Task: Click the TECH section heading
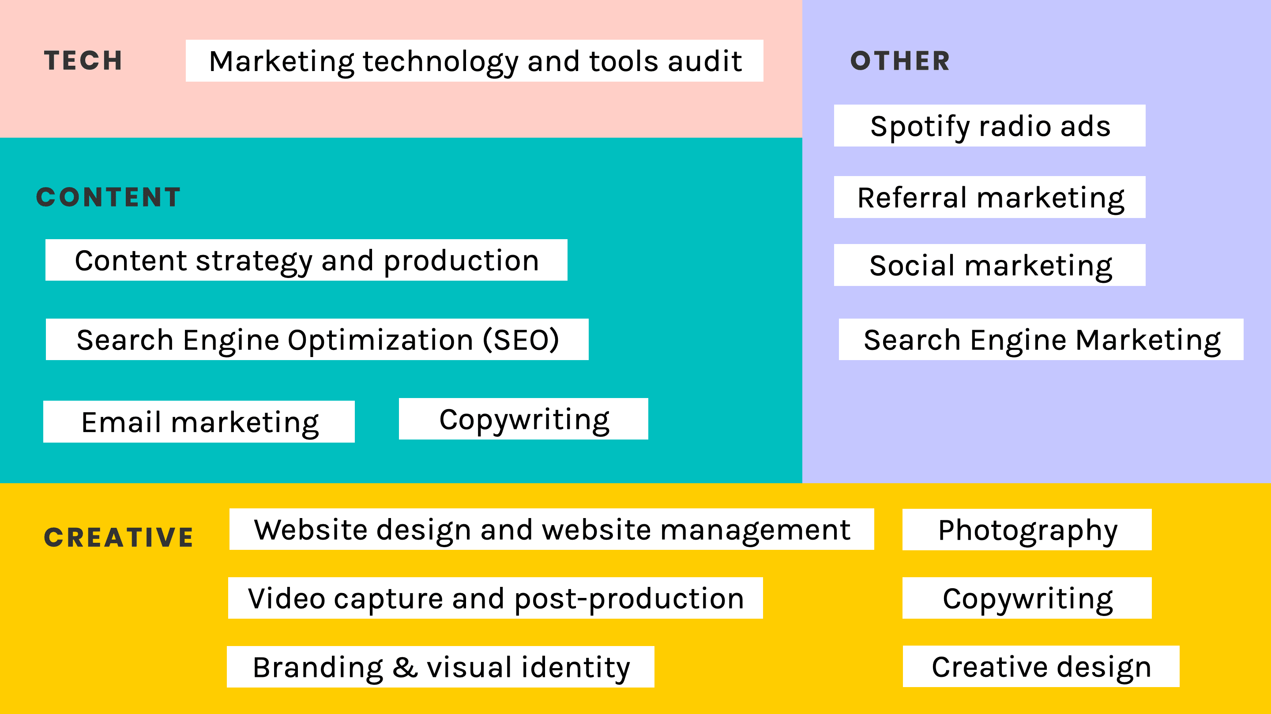coord(83,61)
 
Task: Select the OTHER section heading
coord(900,61)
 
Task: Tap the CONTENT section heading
coord(109,197)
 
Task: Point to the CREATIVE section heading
coord(118,537)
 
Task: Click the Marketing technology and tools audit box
coord(474,61)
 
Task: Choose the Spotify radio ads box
coord(989,126)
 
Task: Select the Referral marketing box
coord(989,197)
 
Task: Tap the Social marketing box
coord(989,265)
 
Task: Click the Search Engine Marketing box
coord(1041,339)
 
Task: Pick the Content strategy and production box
coord(306,260)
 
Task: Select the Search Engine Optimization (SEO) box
coord(317,339)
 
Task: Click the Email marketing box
coord(199,422)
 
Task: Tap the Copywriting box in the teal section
coord(523,419)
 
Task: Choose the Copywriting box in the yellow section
coord(1027,598)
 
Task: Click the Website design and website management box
coord(552,530)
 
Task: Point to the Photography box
coord(1027,530)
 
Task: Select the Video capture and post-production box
coord(495,598)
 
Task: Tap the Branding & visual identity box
coord(440,667)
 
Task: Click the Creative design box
coord(1041,667)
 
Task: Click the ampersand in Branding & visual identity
coord(405,668)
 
